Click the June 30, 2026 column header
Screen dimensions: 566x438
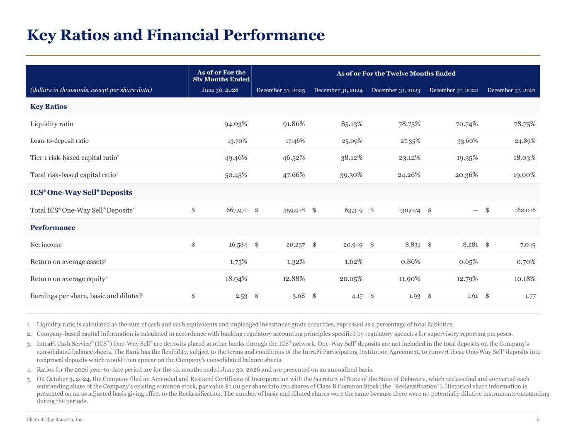[220, 90]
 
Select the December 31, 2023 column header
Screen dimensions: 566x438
[396, 90]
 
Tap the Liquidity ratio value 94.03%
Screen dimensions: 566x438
[236, 124]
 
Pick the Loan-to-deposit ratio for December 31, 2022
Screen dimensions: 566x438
[467, 141]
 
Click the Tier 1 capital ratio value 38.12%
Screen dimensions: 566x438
[352, 158]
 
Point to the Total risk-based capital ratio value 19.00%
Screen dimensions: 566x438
[524, 175]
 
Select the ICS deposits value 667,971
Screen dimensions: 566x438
[237, 210]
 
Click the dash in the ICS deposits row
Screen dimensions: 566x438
[475, 210]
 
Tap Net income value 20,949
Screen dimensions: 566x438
[353, 245]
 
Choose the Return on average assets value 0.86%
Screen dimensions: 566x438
[411, 262]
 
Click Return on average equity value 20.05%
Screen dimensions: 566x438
[351, 279]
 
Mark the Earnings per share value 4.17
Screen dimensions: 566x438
[357, 296]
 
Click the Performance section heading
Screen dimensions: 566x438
[53, 228]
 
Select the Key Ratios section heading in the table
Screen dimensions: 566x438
[49, 106]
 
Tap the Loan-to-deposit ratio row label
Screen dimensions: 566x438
[59, 141]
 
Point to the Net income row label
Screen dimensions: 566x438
[46, 245]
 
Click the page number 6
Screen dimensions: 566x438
[538, 419]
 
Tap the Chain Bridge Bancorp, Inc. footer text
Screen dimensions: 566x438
[55, 419]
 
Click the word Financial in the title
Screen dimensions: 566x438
[183, 35]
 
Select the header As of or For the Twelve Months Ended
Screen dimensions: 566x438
[396, 73]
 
